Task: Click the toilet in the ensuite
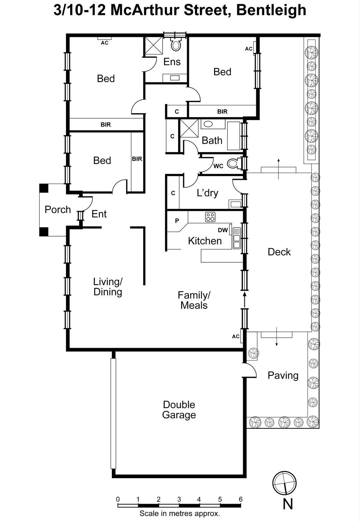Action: [176, 44]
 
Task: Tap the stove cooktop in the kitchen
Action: [210, 217]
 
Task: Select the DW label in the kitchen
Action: [223, 230]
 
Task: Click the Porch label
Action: [58, 209]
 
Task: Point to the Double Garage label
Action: [179, 410]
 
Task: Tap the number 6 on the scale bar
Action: [241, 499]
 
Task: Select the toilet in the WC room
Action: [233, 163]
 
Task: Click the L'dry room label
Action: [207, 193]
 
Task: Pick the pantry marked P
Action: [177, 221]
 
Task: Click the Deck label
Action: [279, 252]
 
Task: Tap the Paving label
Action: [283, 376]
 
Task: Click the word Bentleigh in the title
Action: [271, 10]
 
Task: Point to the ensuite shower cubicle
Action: [154, 46]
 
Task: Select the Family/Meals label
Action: [194, 300]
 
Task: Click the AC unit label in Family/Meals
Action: [236, 336]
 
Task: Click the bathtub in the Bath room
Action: [233, 136]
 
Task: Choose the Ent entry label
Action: [99, 214]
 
